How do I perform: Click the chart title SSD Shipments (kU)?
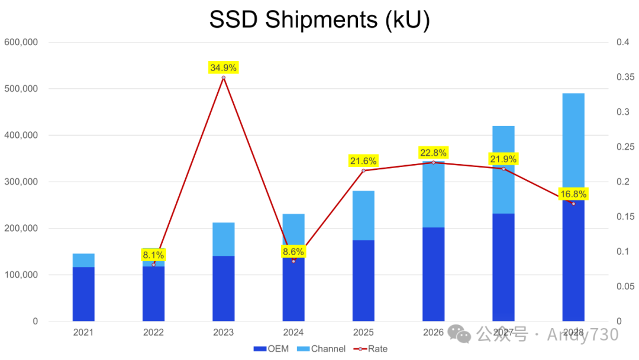click(319, 20)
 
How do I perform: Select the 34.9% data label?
click(223, 67)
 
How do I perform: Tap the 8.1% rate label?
click(153, 255)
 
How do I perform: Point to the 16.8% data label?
click(573, 194)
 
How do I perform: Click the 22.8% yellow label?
click(433, 153)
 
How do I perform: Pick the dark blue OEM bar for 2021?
click(83, 294)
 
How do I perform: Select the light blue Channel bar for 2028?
click(573, 142)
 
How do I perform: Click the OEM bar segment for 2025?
click(363, 281)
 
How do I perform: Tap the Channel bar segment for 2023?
click(223, 239)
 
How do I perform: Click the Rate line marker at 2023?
click(223, 78)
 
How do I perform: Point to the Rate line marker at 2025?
click(363, 171)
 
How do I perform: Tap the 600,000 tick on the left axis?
click(21, 43)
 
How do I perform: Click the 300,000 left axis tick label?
click(21, 182)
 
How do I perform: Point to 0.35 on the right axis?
click(625, 78)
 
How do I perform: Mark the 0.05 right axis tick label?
click(625, 287)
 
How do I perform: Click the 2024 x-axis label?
click(293, 333)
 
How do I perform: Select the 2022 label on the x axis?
click(153, 333)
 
